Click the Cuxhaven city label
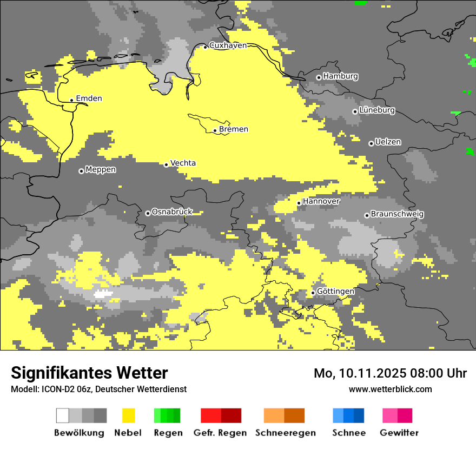[228, 45]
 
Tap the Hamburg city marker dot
[319, 77]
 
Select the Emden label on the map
[89, 98]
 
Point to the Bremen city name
[234, 129]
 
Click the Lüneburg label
[377, 110]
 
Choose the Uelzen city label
[388, 142]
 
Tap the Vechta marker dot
[166, 164]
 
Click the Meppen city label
[101, 170]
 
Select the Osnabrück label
[172, 212]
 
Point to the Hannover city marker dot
[299, 203]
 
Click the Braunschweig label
[397, 214]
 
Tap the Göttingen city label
[335, 292]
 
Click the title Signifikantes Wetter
[89, 373]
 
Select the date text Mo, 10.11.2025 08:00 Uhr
[390, 373]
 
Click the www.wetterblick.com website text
[390, 389]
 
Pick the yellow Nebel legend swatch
[128, 415]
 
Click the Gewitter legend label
[399, 433]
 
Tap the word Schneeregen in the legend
[285, 433]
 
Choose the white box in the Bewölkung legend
[63, 415]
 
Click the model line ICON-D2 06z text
[98, 389]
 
